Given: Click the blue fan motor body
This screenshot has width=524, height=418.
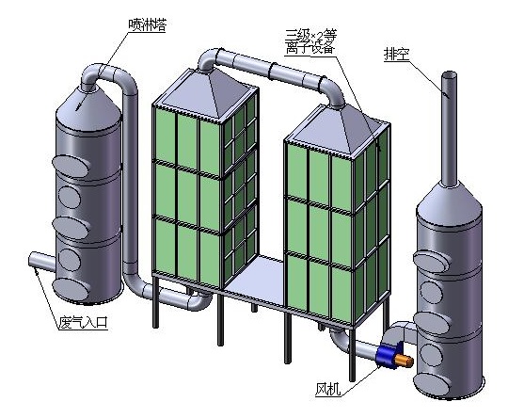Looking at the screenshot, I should pyautogui.click(x=386, y=355).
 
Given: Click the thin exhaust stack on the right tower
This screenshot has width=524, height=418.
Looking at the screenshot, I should pyautogui.click(x=449, y=122).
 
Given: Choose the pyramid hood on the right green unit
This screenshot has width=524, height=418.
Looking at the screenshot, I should pyautogui.click(x=335, y=127).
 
